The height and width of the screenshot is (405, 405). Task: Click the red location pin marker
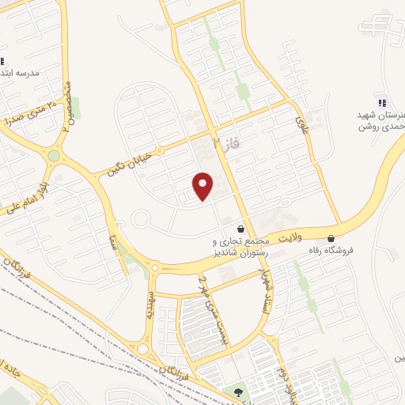(202, 186)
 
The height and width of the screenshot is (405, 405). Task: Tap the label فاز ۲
(226, 143)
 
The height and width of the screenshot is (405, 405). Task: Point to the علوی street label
(301, 124)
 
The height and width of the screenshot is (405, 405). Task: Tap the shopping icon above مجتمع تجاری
(240, 229)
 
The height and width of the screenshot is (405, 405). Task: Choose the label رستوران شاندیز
(241, 255)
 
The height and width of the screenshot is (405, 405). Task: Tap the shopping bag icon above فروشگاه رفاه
(331, 238)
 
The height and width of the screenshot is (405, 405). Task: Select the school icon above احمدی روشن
(382, 101)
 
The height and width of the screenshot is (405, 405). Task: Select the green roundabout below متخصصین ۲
(53, 156)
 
